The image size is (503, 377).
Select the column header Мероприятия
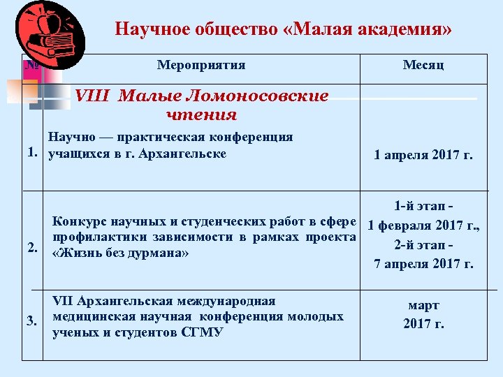pos(201,66)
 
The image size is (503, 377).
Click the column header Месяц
pos(423,66)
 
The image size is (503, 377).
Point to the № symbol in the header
pos(31,66)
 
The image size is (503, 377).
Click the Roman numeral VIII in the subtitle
pos(89,96)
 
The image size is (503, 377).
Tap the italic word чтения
pos(202,114)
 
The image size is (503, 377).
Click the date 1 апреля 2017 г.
pos(423,155)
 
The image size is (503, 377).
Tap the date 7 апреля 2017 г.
pos(423,264)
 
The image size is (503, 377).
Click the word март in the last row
pos(423,306)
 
